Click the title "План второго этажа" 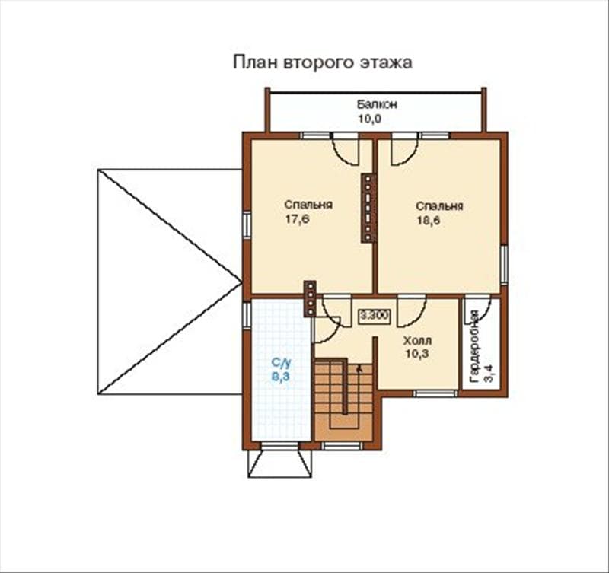click(322, 62)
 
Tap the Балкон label click(377, 104)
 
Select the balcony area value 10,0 click(370, 119)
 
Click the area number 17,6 click(297, 219)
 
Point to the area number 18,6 click(429, 221)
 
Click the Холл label click(417, 341)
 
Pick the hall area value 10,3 click(417, 354)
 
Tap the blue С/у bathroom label click(281, 363)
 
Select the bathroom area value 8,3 click(280, 376)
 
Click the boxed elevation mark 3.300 click(375, 315)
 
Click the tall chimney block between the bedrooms click(368, 208)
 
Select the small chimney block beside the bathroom click(310, 298)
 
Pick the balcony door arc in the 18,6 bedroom click(405, 150)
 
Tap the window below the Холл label click(435, 393)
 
